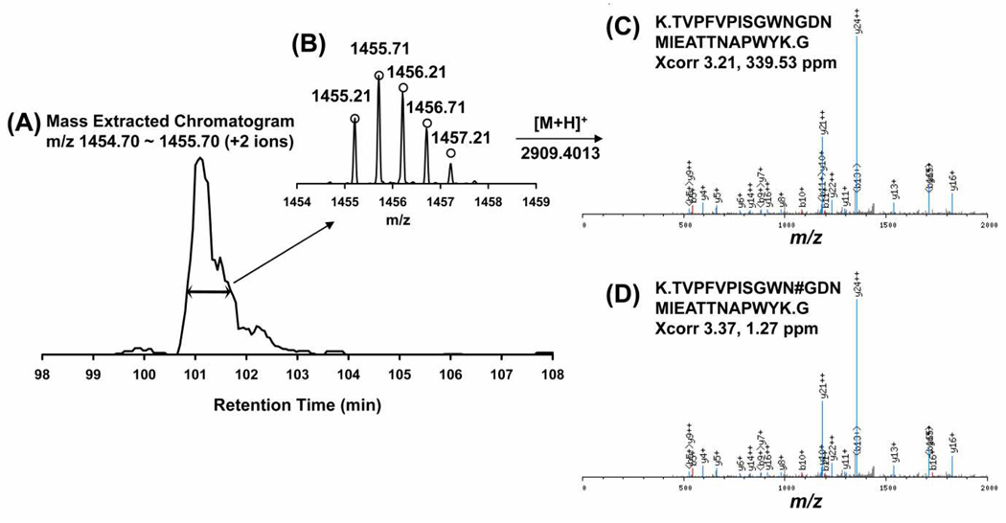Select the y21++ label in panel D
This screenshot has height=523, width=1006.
tap(822, 383)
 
